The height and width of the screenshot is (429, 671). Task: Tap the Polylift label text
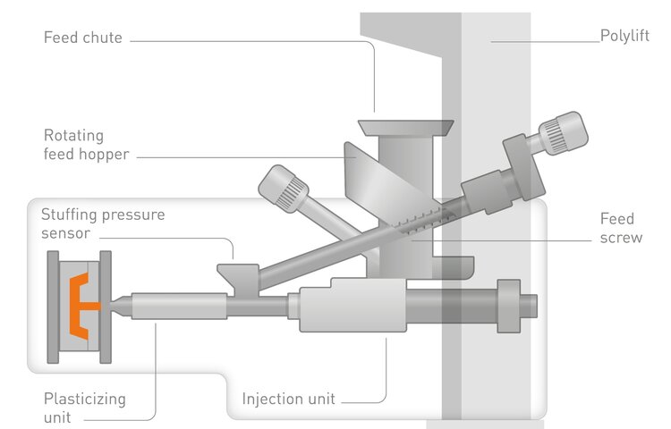click(x=624, y=38)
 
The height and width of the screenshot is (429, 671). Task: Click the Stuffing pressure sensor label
click(x=103, y=224)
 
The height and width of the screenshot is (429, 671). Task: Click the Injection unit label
click(x=290, y=398)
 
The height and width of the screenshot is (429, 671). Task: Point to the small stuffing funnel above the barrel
click(x=238, y=271)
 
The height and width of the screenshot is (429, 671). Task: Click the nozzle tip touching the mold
click(x=119, y=305)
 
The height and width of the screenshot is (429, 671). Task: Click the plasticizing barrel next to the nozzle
click(x=179, y=306)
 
